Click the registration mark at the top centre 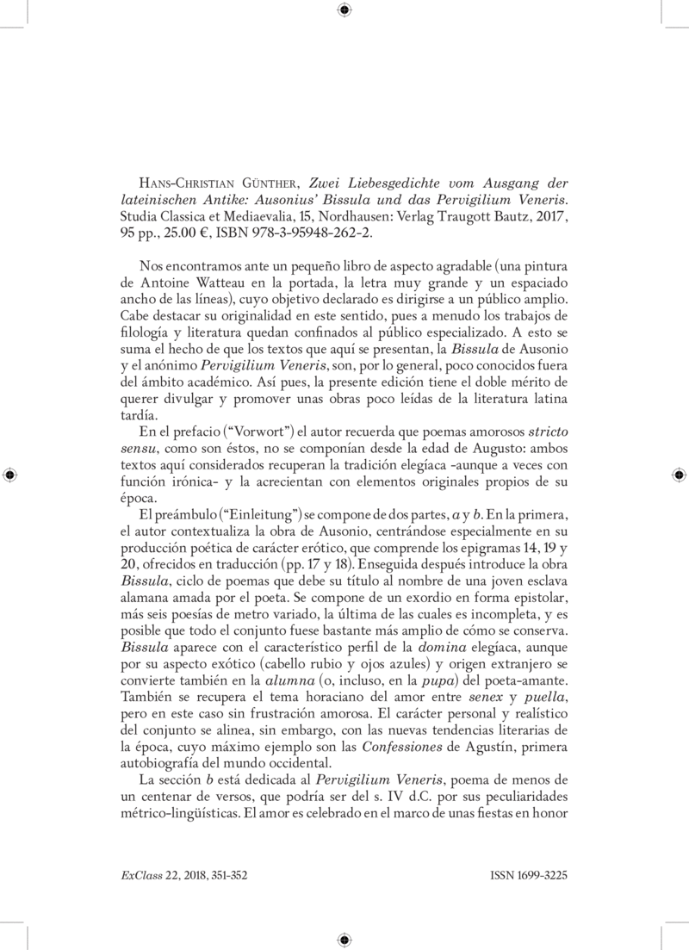point(344,10)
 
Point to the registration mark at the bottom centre point(344,940)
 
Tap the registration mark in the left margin point(10,475)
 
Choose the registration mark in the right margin point(678,475)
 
